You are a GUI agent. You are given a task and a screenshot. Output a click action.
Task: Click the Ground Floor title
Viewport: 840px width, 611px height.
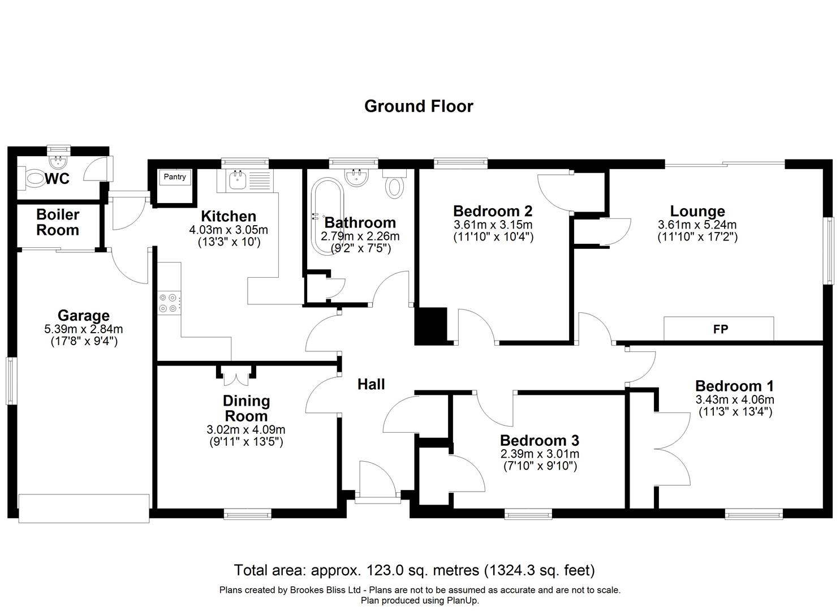419,106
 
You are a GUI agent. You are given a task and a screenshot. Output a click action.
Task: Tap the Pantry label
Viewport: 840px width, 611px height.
175,177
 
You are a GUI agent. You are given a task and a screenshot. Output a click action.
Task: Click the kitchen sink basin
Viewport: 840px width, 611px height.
238,180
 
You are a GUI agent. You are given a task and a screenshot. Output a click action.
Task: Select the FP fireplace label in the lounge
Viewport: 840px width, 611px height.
721,329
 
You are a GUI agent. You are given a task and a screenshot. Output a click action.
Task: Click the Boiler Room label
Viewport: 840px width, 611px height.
58,222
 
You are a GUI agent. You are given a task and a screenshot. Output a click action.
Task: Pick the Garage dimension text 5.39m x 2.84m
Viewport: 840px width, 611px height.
84,329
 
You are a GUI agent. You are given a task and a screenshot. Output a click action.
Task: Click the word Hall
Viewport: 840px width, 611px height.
371,384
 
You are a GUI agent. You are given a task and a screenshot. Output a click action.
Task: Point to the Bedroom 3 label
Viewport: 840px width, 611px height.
540,440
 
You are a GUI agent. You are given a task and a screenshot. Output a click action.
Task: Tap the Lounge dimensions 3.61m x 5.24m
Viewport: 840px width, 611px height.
697,225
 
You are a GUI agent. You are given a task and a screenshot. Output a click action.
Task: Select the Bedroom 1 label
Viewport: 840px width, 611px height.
735,386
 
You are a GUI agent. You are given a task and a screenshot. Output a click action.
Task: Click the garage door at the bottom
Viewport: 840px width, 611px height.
84,508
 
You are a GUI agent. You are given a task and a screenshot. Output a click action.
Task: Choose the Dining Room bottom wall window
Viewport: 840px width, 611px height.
248,514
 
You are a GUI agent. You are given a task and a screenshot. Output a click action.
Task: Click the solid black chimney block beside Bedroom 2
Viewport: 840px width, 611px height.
430,326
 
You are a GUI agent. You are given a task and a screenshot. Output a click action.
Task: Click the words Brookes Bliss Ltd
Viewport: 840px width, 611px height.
325,590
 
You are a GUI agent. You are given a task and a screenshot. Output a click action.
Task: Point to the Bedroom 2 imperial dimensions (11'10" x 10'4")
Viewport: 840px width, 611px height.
493,236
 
